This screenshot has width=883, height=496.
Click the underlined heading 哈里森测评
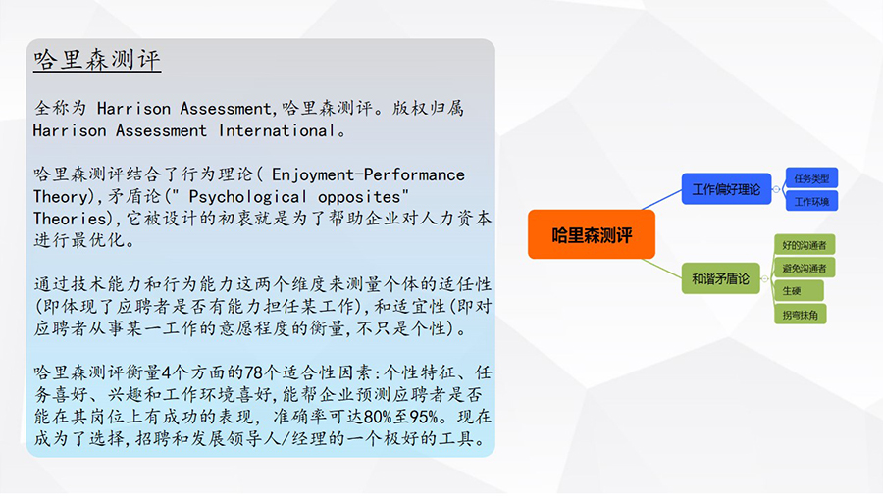97,59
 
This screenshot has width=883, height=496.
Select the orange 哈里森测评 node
592,234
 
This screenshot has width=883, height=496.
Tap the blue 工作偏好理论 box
726,189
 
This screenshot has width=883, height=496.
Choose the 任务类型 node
811,178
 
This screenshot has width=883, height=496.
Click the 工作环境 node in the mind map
811,201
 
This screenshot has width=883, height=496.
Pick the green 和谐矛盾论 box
720,278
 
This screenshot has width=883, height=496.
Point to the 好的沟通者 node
805,245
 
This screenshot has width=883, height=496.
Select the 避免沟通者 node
805,268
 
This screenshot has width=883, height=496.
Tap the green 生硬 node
799,291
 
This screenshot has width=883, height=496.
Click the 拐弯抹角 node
801,315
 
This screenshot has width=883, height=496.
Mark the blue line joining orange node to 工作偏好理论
661,200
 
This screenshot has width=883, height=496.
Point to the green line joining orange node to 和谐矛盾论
661,269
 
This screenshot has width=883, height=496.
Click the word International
277,130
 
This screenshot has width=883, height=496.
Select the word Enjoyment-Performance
368,174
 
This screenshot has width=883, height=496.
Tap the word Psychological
247,197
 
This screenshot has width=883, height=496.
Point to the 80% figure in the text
378,417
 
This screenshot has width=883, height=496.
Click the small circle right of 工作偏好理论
776,189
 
